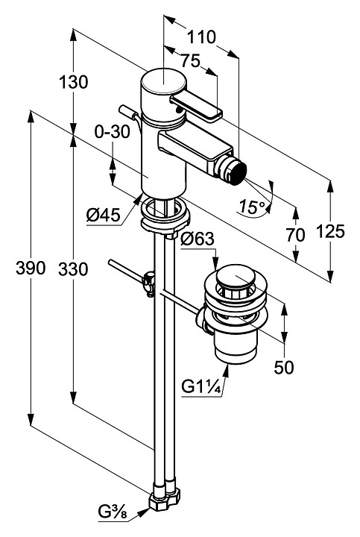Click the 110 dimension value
pyautogui.click(x=201, y=37)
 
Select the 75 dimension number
pyautogui.click(x=190, y=61)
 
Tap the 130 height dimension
pyautogui.click(x=74, y=82)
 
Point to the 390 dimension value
pyautogui.click(x=31, y=268)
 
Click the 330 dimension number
pyautogui.click(x=73, y=269)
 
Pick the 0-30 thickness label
pyautogui.click(x=113, y=132)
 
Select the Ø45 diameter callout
pyautogui.click(x=104, y=216)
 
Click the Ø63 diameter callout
pyautogui.click(x=197, y=239)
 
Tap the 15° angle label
pyautogui.click(x=253, y=207)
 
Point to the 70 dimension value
pyautogui.click(x=295, y=236)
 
